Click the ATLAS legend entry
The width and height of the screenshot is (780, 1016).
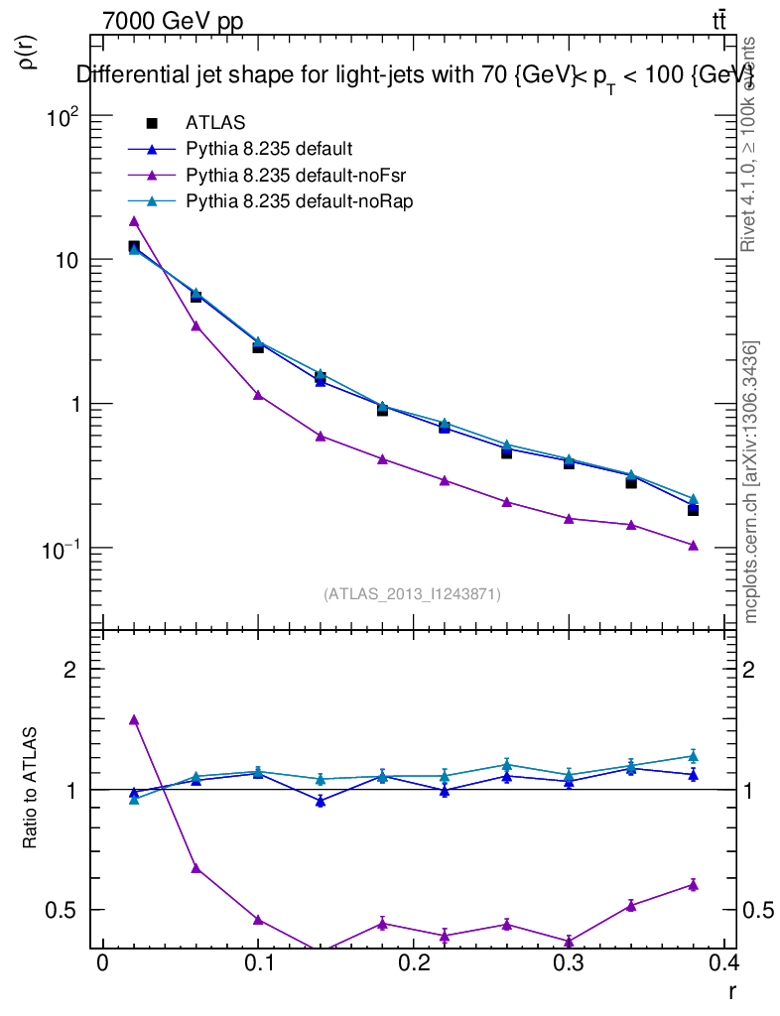click(215, 123)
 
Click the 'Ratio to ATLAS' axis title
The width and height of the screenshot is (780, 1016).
click(30, 789)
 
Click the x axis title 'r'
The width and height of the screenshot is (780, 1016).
click(731, 991)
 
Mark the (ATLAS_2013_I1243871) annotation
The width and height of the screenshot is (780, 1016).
click(412, 594)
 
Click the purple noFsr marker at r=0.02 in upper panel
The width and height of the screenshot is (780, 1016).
click(134, 221)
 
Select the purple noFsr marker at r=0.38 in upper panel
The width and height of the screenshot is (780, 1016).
click(693, 546)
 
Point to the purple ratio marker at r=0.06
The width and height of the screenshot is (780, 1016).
click(195, 868)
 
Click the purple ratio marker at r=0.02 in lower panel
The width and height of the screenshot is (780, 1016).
click(134, 719)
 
